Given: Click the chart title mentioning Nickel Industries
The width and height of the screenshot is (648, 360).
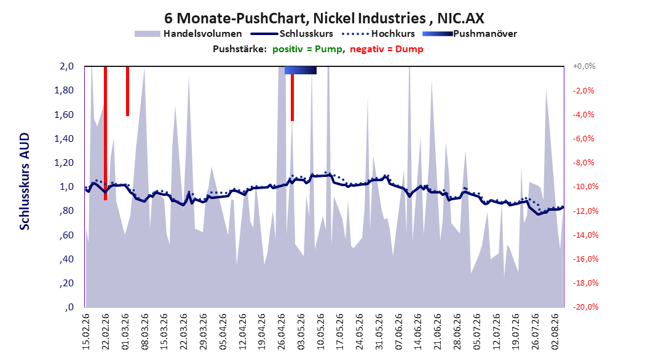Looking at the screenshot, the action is point(324,18).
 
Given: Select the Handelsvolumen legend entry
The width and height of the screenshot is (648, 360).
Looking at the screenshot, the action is point(188,34).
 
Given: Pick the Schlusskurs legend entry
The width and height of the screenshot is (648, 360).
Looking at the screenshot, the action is point(292,34).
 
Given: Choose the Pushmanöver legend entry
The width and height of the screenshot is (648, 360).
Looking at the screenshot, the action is point(470,34).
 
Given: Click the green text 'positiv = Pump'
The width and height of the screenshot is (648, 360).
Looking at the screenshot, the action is point(307,49).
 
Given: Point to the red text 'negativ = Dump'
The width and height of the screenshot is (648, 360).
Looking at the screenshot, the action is point(387,49).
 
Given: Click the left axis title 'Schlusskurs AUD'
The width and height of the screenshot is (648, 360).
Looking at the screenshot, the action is point(25,182).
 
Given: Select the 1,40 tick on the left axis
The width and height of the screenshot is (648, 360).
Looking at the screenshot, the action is point(64,139).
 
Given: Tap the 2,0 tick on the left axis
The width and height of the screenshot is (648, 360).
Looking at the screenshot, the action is point(66,66).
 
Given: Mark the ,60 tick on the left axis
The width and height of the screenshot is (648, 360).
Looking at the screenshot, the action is point(67,235).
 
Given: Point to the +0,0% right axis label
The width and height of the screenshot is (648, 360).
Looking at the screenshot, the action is point(584,66).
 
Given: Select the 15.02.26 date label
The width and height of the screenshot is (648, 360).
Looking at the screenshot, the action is point(86,332).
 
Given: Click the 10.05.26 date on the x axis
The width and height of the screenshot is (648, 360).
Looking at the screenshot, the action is point(320,332).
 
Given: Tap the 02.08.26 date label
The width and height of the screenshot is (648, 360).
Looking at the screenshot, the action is point(555,332).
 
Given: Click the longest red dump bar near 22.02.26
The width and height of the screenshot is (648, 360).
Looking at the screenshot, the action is point(105,133).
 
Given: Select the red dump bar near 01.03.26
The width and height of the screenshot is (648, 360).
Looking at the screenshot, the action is point(128,91).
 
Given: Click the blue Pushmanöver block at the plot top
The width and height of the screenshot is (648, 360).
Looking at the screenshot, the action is point(301,70).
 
